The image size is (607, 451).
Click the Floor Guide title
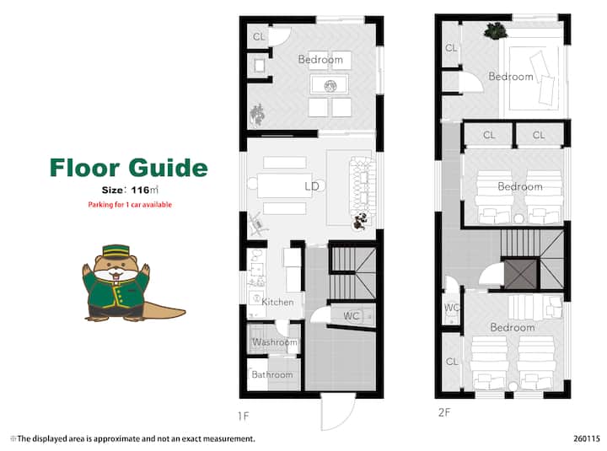pyautogui.click(x=128, y=167)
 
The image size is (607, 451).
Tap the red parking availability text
pyautogui.click(x=130, y=204)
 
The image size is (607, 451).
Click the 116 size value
pyautogui.click(x=140, y=190)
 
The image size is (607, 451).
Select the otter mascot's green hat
pyautogui.click(x=115, y=252)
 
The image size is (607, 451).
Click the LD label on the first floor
pyautogui.click(x=312, y=186)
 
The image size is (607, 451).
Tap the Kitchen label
pyautogui.click(x=277, y=302)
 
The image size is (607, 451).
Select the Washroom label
pyautogui.click(x=275, y=342)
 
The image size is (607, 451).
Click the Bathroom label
pyautogui.click(x=272, y=374)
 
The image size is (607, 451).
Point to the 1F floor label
pyautogui.click(x=244, y=416)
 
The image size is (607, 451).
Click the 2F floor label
pyautogui.click(x=444, y=412)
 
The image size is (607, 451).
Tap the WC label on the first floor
pyautogui.click(x=351, y=316)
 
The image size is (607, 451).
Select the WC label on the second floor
pyautogui.click(x=451, y=308)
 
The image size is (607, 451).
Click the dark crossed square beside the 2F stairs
pyautogui.click(x=521, y=274)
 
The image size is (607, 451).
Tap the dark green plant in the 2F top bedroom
pyautogui.click(x=496, y=30)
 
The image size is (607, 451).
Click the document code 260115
pyautogui.click(x=587, y=438)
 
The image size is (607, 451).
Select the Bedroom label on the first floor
pyautogui.click(x=320, y=60)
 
